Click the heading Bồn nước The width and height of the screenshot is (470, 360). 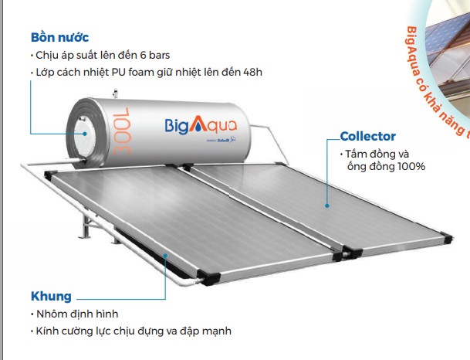coord(60,37)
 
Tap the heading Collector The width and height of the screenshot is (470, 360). coord(367,137)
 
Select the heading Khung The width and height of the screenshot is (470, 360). coord(51,297)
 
